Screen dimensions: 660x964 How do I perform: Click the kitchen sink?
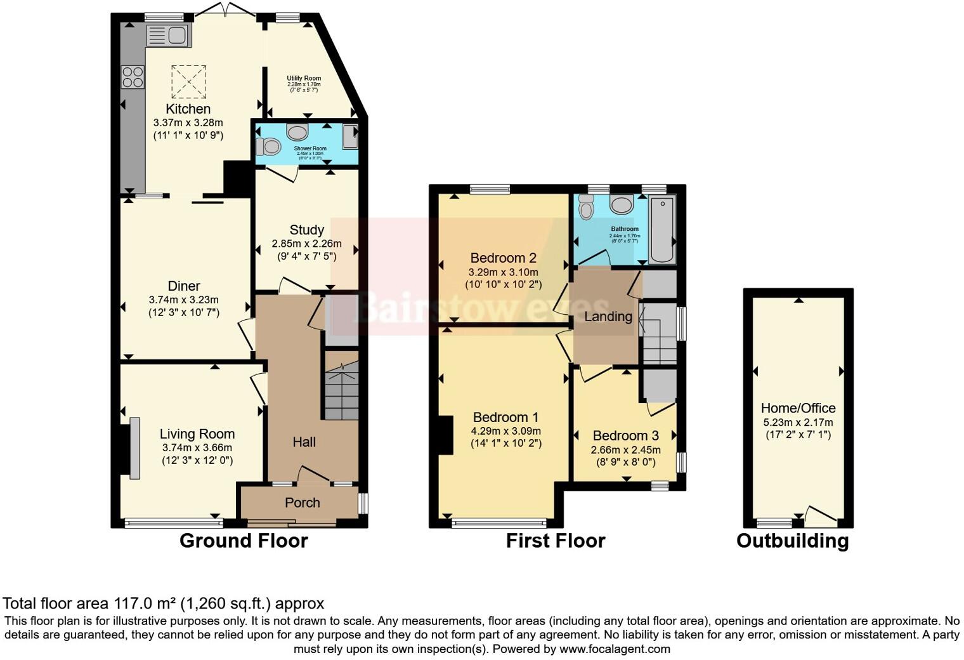pyautogui.click(x=168, y=36)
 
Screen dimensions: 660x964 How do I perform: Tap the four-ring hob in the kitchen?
pyautogui.click(x=133, y=77)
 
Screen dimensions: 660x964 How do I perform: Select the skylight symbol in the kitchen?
pyautogui.click(x=188, y=81)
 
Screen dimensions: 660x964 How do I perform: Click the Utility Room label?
pyautogui.click(x=304, y=78)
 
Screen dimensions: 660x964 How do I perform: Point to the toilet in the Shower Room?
pyautogui.click(x=269, y=147)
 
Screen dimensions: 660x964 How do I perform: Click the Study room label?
pyautogui.click(x=306, y=230)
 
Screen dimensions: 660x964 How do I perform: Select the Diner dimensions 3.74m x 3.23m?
pyautogui.click(x=183, y=300)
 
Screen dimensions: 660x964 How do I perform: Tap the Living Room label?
pyautogui.click(x=197, y=434)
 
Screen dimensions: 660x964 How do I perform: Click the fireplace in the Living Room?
pyautogui.click(x=134, y=448)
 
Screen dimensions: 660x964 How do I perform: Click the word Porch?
pyautogui.click(x=302, y=503)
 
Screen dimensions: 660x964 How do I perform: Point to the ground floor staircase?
pyautogui.click(x=342, y=391)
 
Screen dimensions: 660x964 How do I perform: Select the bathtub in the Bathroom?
pyautogui.click(x=661, y=229)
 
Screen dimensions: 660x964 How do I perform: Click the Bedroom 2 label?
pyautogui.click(x=503, y=258)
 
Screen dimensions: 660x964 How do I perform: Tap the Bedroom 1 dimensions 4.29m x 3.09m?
pyautogui.click(x=505, y=430)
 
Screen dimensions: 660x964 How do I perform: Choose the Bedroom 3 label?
pyautogui.click(x=625, y=436)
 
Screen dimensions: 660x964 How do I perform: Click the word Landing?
pyautogui.click(x=608, y=316)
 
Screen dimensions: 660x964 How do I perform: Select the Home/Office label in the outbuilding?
pyautogui.click(x=798, y=408)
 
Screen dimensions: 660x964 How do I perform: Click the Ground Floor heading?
pyautogui.click(x=244, y=541)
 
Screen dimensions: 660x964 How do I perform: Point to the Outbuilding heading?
pyautogui.click(x=792, y=541)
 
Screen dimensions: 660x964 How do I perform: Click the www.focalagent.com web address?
pyautogui.click(x=615, y=649)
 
